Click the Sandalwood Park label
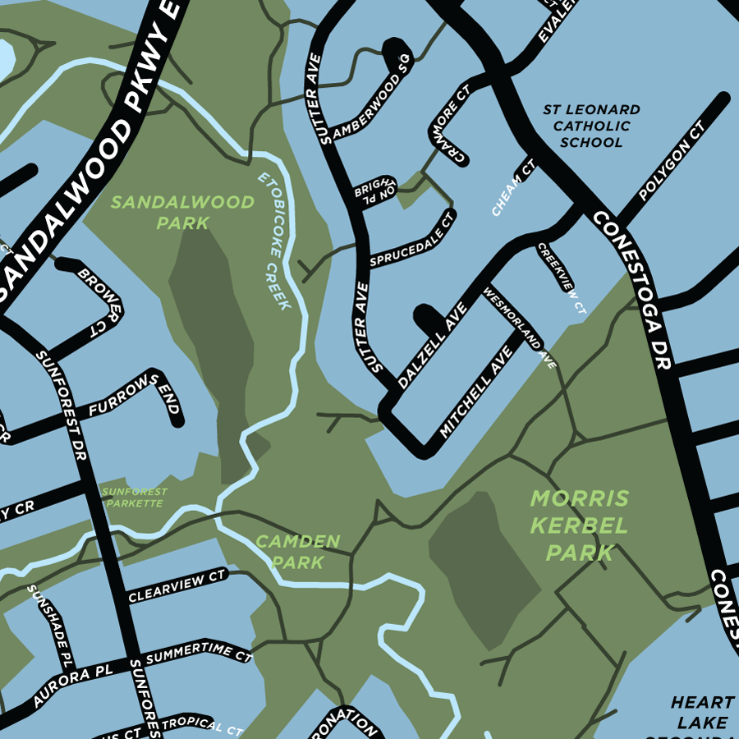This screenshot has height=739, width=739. point(182,212)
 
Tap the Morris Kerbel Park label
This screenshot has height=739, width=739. point(579,526)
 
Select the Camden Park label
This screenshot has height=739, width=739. point(297,552)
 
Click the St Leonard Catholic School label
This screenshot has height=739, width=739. point(591,126)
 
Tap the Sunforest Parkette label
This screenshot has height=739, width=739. point(135,497)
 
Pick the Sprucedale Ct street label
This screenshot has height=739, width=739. point(411,240)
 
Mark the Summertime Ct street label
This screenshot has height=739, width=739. point(197,656)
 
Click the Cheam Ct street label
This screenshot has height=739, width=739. point(514,188)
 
